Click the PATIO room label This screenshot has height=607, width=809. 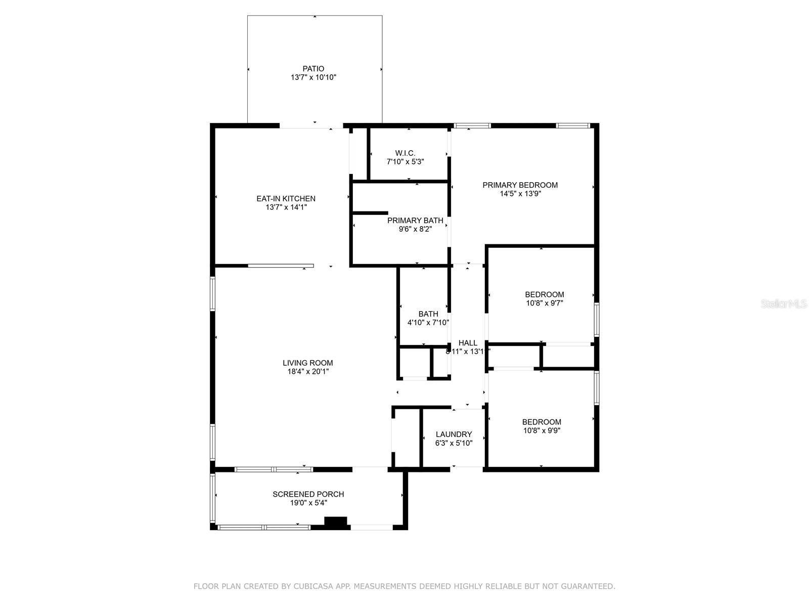click(313, 69)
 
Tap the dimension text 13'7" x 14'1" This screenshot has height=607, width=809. click(286, 207)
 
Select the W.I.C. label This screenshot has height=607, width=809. click(405, 153)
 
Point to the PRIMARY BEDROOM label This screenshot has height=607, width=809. click(520, 185)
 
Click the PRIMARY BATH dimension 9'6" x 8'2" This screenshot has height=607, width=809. click(415, 229)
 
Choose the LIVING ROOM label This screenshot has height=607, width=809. click(307, 363)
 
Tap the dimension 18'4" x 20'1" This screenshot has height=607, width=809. click(307, 372)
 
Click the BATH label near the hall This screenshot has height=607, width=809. click(428, 314)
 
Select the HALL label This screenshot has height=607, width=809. click(468, 343)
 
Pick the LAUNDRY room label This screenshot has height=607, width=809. click(454, 435)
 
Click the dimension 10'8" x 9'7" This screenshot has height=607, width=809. click(544, 303)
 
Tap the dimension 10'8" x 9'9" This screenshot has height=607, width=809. click(542, 431)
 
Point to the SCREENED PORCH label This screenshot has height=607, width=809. click(308, 494)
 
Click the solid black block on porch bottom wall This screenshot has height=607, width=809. click(336, 522)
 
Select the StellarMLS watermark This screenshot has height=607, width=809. click(784, 304)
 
